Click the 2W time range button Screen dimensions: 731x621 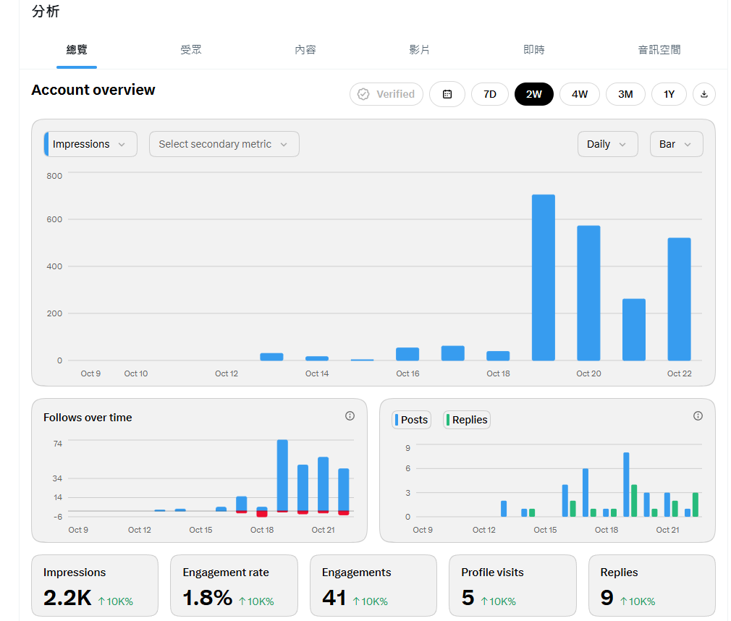pyautogui.click(x=534, y=94)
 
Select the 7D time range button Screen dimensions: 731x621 pyautogui.click(x=489, y=94)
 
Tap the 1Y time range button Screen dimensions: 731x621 pyautogui.click(x=669, y=94)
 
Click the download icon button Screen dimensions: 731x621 pyautogui.click(x=704, y=94)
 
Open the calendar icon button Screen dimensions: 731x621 pyautogui.click(x=447, y=94)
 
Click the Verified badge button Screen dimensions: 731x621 pyautogui.click(x=386, y=94)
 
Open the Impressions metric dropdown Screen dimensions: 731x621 pyautogui.click(x=90, y=144)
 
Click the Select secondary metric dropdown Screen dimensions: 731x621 pyautogui.click(x=224, y=144)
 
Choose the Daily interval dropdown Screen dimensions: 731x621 pyautogui.click(x=607, y=144)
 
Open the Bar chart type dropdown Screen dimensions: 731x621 pyautogui.click(x=677, y=144)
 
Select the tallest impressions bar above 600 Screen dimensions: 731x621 pyautogui.click(x=543, y=277)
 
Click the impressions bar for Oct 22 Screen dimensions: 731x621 pyautogui.click(x=680, y=300)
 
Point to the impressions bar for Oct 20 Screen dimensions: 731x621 pyautogui.click(x=588, y=293)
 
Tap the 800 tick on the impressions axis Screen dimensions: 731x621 pyautogui.click(x=54, y=176)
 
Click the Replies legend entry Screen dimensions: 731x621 pyautogui.click(x=466, y=420)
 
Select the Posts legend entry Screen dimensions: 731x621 pyautogui.click(x=411, y=420)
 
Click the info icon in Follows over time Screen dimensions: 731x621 pyautogui.click(x=350, y=416)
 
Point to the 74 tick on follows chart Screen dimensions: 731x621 pyautogui.click(x=57, y=444)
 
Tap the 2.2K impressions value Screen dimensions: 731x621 pyautogui.click(x=67, y=597)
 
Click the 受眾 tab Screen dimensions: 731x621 pyautogui.click(x=190, y=49)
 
